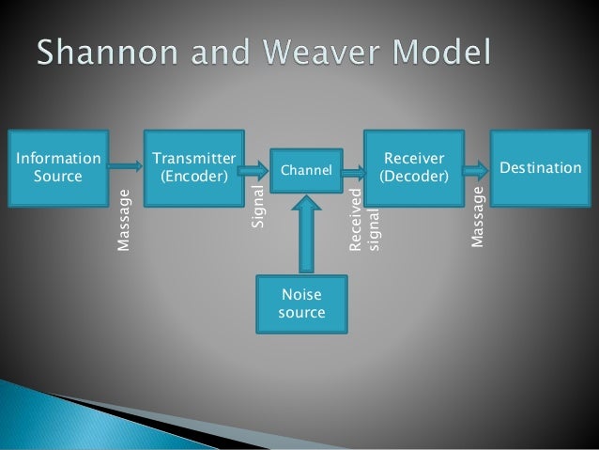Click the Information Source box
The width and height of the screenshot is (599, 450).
coord(57,166)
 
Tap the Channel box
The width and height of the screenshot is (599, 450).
coord(307,171)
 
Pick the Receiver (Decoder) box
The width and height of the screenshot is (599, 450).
coord(413,166)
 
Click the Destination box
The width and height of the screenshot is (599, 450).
coord(540,166)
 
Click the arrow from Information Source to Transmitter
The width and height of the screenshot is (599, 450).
coord(123,165)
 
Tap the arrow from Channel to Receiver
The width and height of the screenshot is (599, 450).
coord(353,171)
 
